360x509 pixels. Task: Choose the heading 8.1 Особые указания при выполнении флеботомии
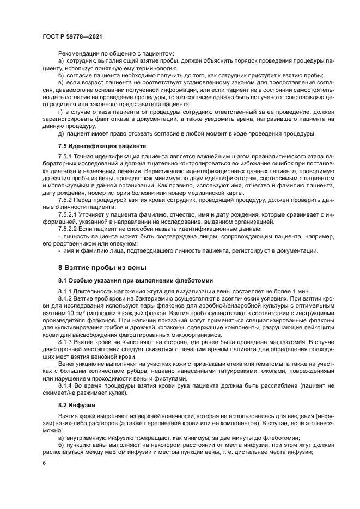click(x=135, y=280)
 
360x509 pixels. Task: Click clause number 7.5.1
click(x=65, y=156)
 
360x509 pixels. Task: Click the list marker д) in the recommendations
click(x=61, y=133)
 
